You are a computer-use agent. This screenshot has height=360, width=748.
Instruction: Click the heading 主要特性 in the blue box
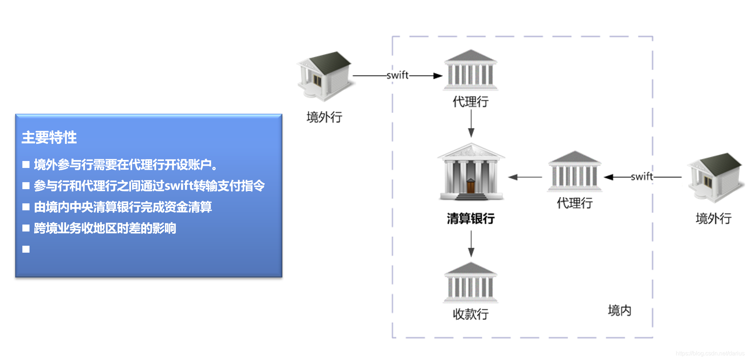[x=49, y=138]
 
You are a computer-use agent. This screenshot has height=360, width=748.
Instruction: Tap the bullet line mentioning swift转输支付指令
[x=149, y=186]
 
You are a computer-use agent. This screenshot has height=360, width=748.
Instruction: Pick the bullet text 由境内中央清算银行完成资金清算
[x=123, y=207]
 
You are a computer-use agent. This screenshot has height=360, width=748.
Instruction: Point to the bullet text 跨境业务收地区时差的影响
[x=105, y=228]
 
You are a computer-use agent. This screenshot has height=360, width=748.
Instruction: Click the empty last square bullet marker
[x=26, y=249]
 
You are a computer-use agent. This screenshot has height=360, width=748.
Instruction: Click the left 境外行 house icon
[x=325, y=76]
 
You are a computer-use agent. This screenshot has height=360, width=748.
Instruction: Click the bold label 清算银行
[x=471, y=218]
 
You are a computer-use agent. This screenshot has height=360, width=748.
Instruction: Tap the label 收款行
[x=471, y=314]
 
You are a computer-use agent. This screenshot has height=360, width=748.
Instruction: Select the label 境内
[x=619, y=310]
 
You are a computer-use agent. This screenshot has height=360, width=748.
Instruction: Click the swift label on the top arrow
[x=397, y=75]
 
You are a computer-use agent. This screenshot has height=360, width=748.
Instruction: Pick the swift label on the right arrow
[x=642, y=177]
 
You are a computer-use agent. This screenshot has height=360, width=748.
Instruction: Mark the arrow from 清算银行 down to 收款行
[x=471, y=244]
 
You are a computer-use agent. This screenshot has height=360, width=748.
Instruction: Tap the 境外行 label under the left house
[x=324, y=117]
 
